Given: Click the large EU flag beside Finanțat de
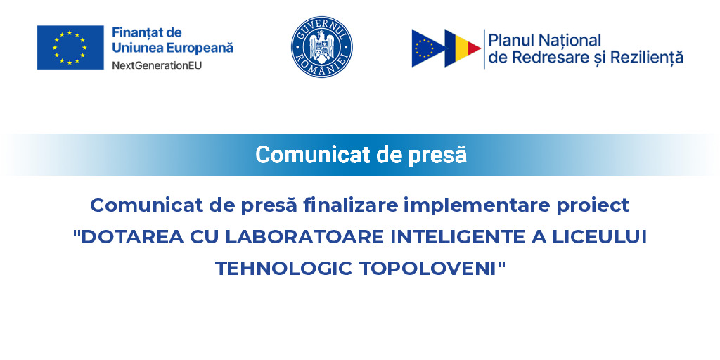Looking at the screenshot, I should pyautogui.click(x=70, y=47).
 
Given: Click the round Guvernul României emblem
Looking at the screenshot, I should pyautogui.click(x=322, y=47).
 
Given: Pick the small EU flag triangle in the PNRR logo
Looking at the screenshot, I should pyautogui.click(x=425, y=48).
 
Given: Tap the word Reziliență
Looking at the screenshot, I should pyautogui.click(x=646, y=58).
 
